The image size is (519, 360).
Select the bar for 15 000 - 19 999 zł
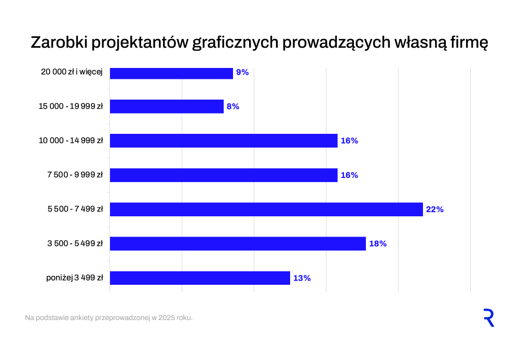pyautogui.click(x=167, y=106)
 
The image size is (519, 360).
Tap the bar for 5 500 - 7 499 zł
pyautogui.click(x=266, y=210)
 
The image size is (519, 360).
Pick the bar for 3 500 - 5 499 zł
pyautogui.click(x=238, y=244)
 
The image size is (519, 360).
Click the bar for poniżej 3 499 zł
pyautogui.click(x=200, y=278)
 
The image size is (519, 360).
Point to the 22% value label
pyautogui.click(x=434, y=210)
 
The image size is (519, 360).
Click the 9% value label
pyautogui.click(x=242, y=72)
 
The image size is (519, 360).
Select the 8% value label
pyautogui.click(x=233, y=106)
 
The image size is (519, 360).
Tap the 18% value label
pyautogui.click(x=377, y=244)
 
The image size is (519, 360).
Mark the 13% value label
pyautogui.click(x=302, y=278)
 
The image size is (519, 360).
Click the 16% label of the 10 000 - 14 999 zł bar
pyautogui.click(x=349, y=141)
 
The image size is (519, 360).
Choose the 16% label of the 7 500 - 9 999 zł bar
pyautogui.click(x=349, y=175)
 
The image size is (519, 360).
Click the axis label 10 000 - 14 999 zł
pyautogui.click(x=71, y=141)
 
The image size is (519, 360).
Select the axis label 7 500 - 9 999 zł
pyautogui.click(x=75, y=175)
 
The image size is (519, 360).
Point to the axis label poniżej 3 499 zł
pyautogui.click(x=74, y=279)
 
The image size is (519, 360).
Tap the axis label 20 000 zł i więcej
pyautogui.click(x=72, y=72)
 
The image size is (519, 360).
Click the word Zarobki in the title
pyautogui.click(x=59, y=43)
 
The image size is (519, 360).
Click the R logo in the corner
pyautogui.click(x=488, y=317)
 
